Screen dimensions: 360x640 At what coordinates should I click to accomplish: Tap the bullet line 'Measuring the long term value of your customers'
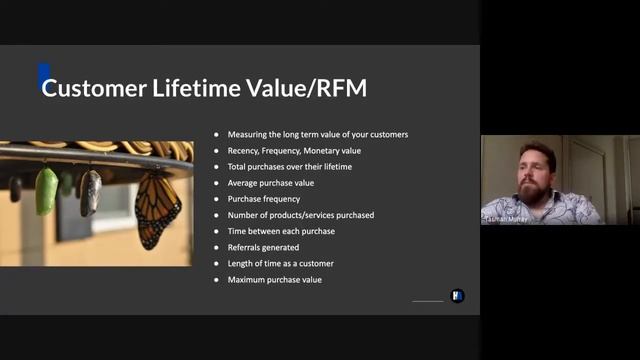[x=318, y=135]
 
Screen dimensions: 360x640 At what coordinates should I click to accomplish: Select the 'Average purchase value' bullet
[x=272, y=183]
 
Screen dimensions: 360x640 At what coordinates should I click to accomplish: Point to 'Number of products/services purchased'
[x=300, y=215]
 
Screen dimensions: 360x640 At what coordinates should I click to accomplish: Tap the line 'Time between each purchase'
[x=281, y=231]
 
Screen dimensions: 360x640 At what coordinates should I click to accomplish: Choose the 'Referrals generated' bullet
[x=263, y=247]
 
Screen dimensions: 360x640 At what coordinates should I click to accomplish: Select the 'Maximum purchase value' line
[x=275, y=279]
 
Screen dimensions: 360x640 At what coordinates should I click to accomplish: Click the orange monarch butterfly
[x=158, y=209]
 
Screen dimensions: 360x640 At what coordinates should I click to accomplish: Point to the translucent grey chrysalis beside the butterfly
[x=91, y=192]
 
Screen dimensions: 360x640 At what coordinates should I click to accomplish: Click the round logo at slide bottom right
[x=458, y=296]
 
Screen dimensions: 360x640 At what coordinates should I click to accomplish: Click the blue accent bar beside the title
[x=42, y=77]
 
